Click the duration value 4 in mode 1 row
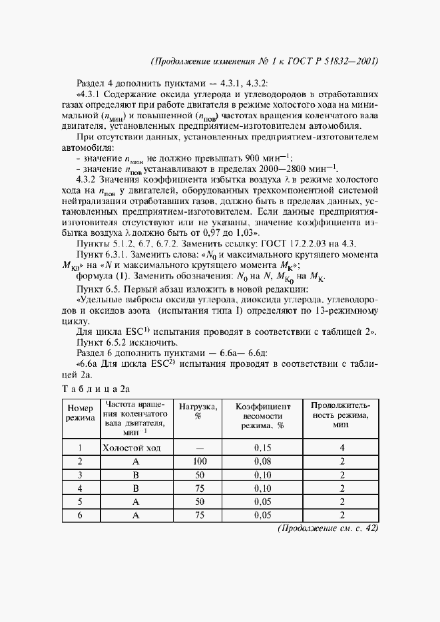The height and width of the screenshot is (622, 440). [x=341, y=447]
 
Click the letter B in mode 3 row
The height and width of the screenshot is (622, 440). [x=135, y=474]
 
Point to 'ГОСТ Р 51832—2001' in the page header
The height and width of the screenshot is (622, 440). [x=336, y=61]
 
